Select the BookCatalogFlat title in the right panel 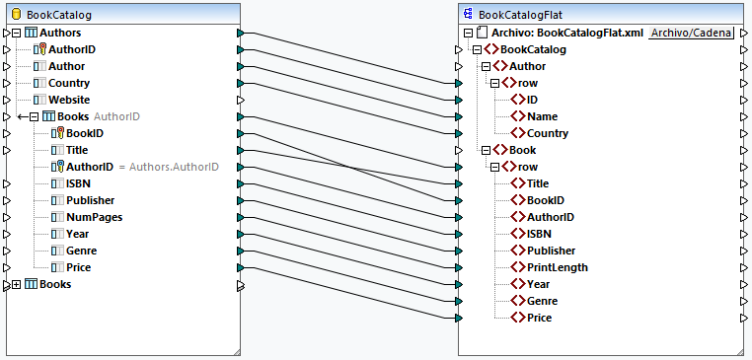[521, 15]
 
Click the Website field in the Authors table [69, 100]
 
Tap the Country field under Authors [68, 83]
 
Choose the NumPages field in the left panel [94, 217]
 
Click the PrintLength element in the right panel [557, 267]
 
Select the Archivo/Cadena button [692, 33]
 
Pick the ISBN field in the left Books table [79, 183]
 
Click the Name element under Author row [542, 116]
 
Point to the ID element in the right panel [532, 100]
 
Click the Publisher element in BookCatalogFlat [551, 251]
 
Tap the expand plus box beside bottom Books [16, 284]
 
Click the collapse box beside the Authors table [16, 33]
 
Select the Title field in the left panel [77, 150]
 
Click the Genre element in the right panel [543, 301]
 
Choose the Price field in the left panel [79, 267]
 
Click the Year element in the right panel [539, 284]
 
